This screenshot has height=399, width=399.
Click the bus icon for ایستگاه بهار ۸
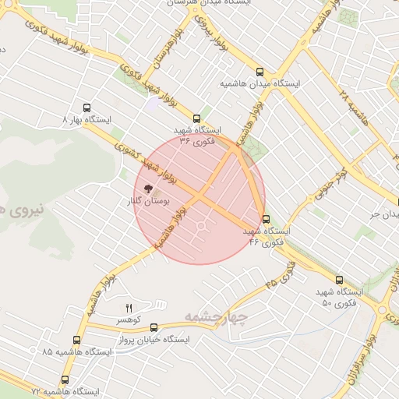tap(86, 108)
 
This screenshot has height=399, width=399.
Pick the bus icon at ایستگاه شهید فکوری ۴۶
tap(267, 219)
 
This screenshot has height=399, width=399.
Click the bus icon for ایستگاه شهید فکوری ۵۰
tap(338, 279)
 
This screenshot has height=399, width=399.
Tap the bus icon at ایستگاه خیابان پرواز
tap(154, 328)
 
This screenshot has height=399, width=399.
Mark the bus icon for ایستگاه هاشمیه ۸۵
tap(76, 340)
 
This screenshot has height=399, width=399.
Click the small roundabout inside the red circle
tap(201, 227)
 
